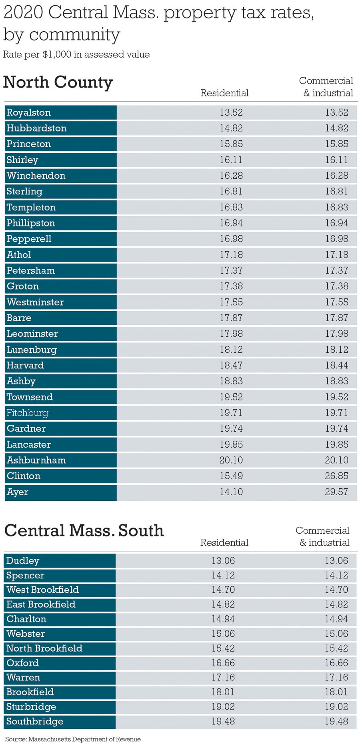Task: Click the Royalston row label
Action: tap(29, 112)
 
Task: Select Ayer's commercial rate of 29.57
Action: tap(336, 492)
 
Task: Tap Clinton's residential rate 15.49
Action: tap(231, 476)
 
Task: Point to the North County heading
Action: tap(58, 82)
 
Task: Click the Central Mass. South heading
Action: tap(84, 531)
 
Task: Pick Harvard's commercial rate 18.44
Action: tap(336, 365)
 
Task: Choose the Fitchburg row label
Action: tap(27, 413)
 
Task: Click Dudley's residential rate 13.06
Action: tap(223, 561)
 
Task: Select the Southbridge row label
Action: tap(35, 721)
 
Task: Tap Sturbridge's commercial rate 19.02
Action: tap(336, 706)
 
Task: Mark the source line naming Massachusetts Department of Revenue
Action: tap(73, 739)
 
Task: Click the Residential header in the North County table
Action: tap(224, 93)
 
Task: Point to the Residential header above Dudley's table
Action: tap(224, 543)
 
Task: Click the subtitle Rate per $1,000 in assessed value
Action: tap(76, 54)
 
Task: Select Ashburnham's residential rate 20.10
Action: tap(231, 460)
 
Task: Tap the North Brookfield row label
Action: tap(44, 648)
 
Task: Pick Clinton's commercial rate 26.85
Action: tap(336, 476)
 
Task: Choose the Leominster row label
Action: tap(32, 334)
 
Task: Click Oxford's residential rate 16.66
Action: tap(223, 663)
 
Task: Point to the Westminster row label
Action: tap(35, 302)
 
